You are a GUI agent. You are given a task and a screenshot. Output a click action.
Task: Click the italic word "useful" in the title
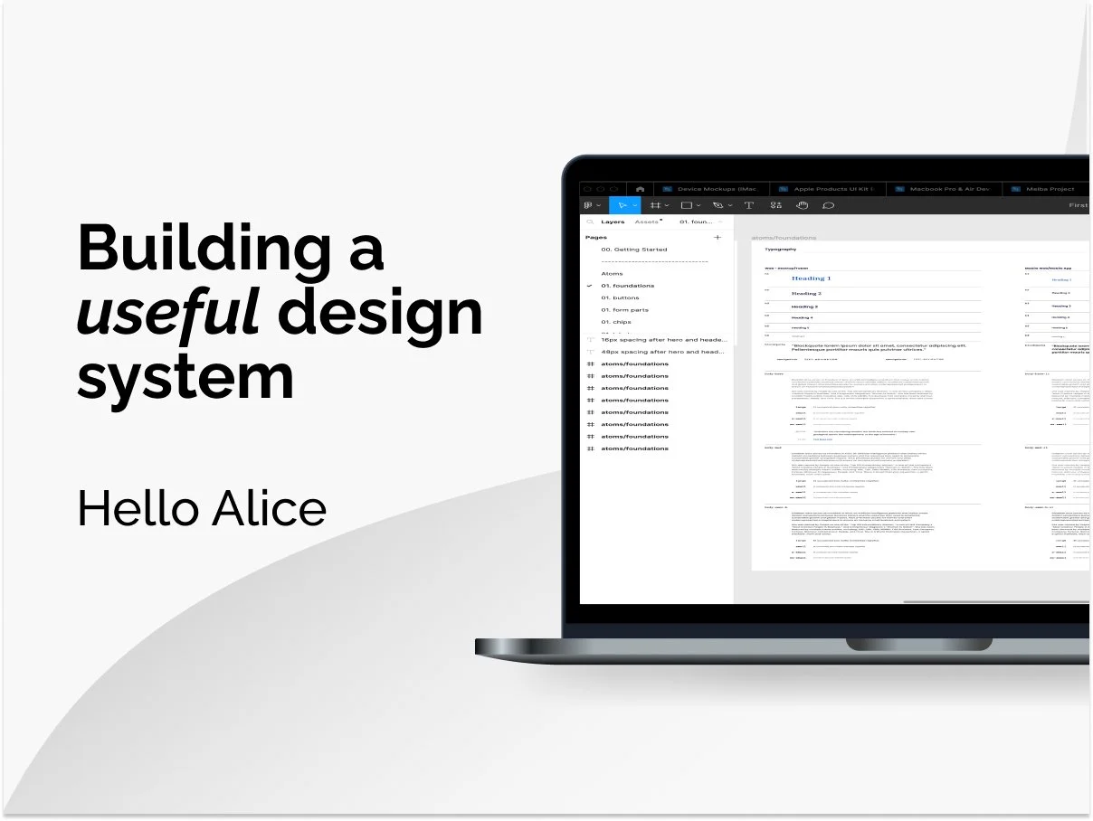pyautogui.click(x=168, y=312)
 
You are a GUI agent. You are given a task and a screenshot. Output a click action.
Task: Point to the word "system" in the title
pyautogui.click(x=185, y=377)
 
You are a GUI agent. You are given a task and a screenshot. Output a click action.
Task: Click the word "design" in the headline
pyautogui.click(x=380, y=314)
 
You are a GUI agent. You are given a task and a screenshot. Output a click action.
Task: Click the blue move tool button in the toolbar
pyautogui.click(x=623, y=205)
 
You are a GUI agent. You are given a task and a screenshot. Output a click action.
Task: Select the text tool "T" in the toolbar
pyautogui.click(x=749, y=205)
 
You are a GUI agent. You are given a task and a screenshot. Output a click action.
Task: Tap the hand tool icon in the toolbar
pyautogui.click(x=802, y=205)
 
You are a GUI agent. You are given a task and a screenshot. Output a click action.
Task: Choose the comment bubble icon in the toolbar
pyautogui.click(x=828, y=205)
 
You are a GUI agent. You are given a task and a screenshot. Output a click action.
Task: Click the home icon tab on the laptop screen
pyautogui.click(x=641, y=189)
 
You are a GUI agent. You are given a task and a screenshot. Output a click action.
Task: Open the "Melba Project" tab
pyautogui.click(x=1050, y=189)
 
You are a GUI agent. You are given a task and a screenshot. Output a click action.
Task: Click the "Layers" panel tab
pyautogui.click(x=613, y=222)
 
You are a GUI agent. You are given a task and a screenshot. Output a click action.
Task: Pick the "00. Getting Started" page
pyautogui.click(x=633, y=250)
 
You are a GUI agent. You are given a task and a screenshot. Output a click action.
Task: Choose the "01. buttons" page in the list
pyautogui.click(x=620, y=297)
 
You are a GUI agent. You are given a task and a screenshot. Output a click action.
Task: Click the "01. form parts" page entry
pyautogui.click(x=624, y=310)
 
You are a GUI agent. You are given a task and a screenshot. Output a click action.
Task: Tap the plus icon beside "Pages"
pyautogui.click(x=718, y=237)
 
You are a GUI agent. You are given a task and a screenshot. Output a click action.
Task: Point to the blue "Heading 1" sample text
pyautogui.click(x=811, y=278)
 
